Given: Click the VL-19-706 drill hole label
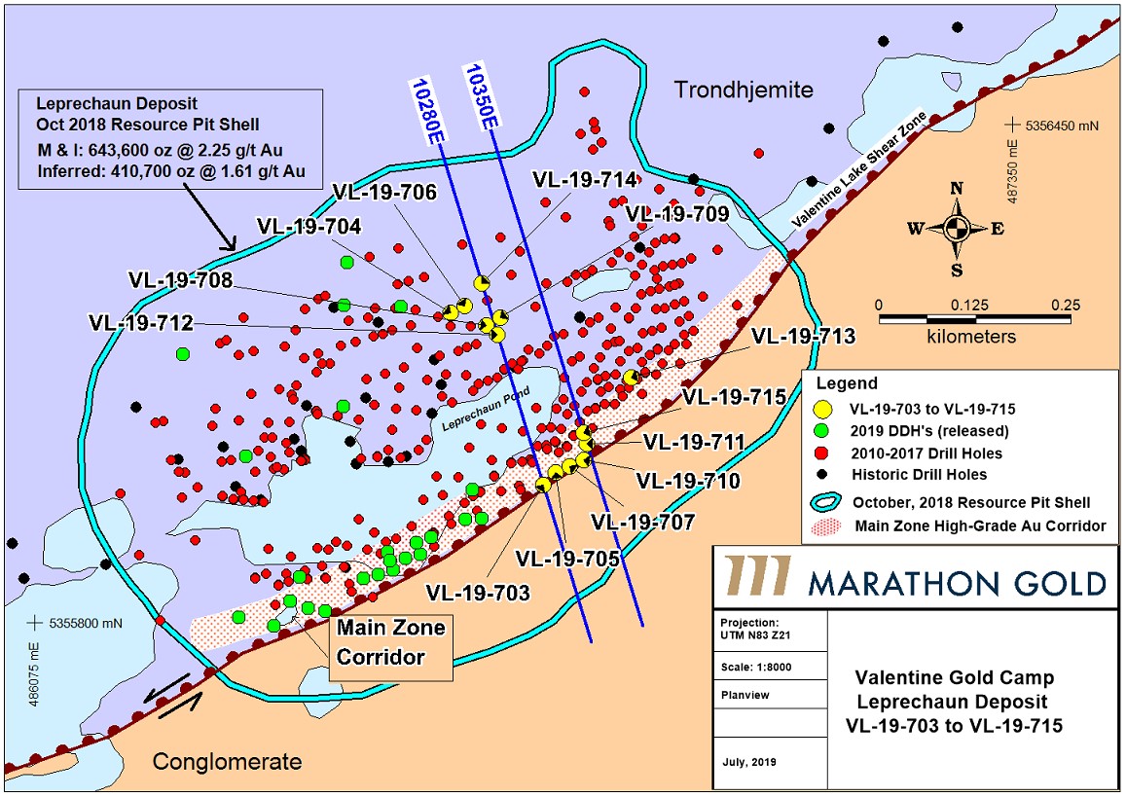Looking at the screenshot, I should [x=385, y=192].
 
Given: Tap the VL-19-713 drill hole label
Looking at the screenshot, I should [x=804, y=337].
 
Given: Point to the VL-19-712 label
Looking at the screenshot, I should [x=140, y=322].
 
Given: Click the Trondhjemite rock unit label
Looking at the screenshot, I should [x=744, y=91].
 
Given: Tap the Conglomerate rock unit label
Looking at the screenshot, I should [x=227, y=761].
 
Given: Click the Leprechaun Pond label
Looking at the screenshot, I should [x=474, y=417].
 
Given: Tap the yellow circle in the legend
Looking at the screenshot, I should [x=824, y=409].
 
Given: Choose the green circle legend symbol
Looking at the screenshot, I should [x=824, y=431].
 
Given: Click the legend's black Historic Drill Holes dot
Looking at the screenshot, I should [x=824, y=475].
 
